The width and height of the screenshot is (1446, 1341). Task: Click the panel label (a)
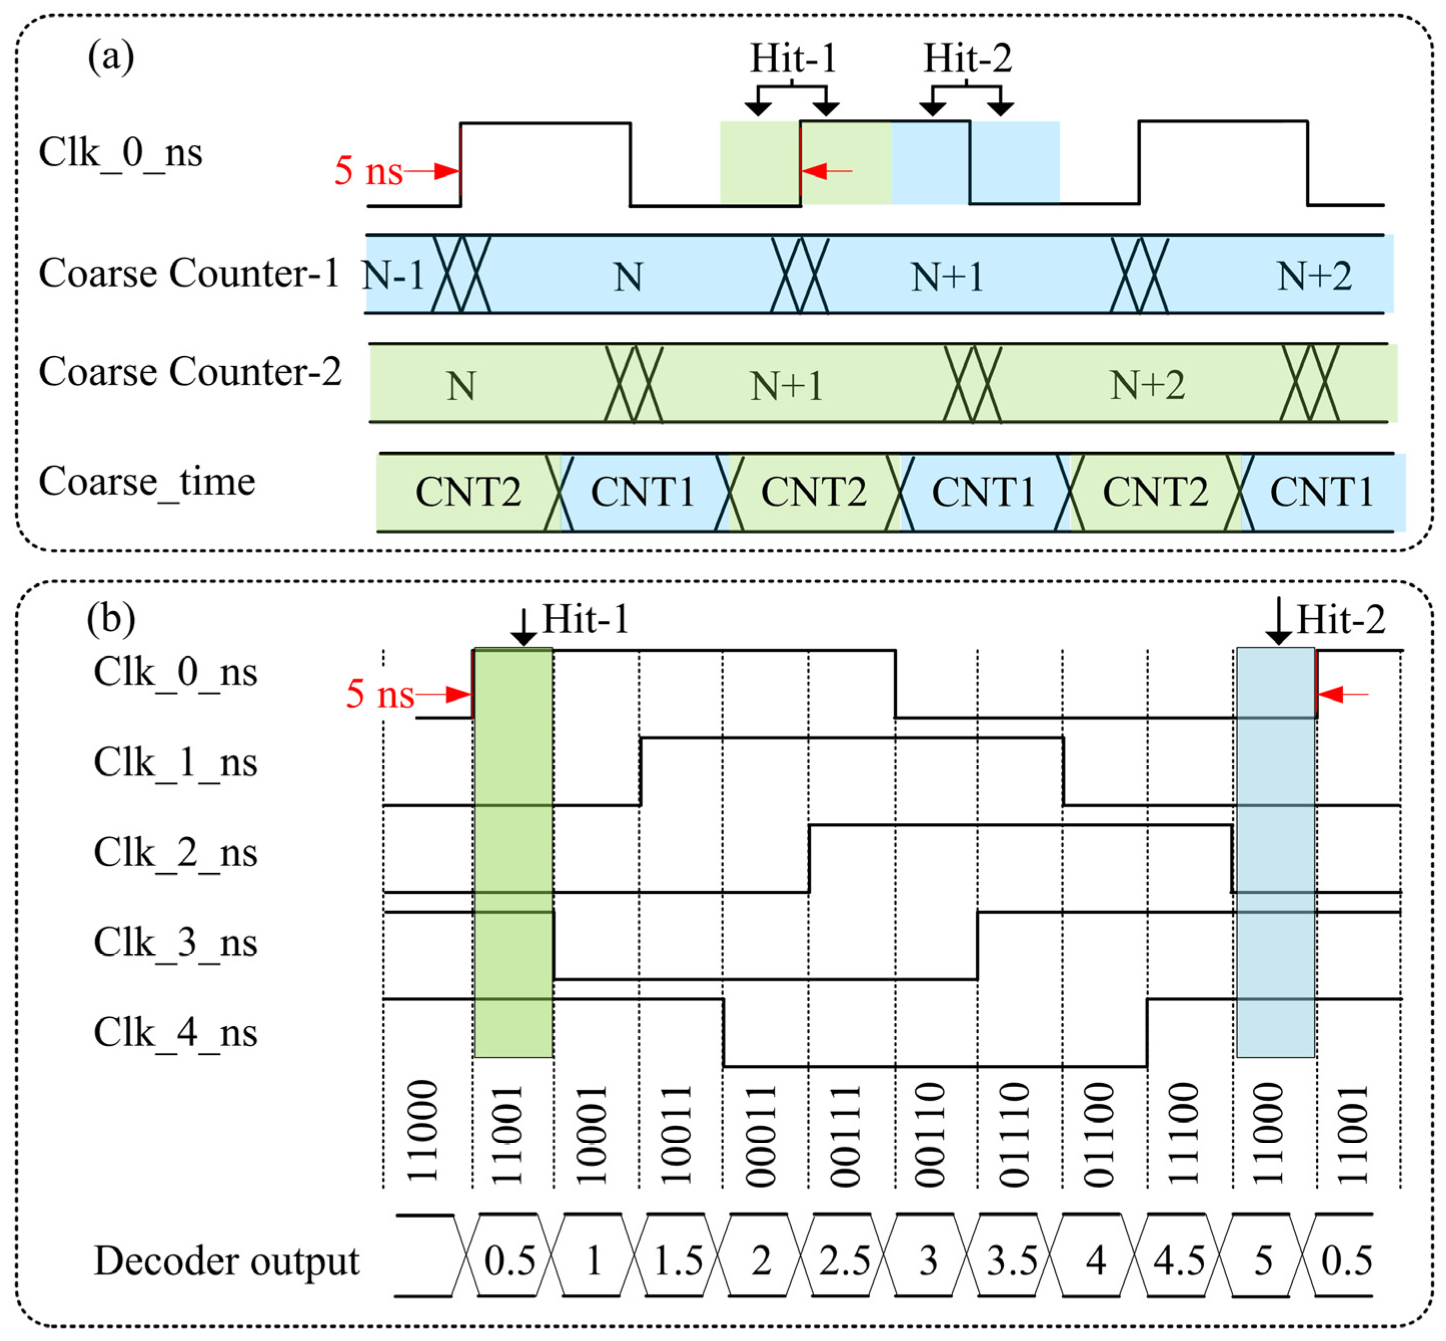110,56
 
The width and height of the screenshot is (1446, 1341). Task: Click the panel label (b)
110,619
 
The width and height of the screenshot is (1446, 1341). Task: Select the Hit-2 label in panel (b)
1340,619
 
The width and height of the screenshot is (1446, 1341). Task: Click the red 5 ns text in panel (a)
368,171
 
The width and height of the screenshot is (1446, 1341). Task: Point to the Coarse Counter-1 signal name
189,274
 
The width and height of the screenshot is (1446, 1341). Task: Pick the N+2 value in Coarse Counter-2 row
1147,385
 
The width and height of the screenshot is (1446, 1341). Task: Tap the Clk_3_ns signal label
175,943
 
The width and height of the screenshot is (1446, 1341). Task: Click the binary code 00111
845,1136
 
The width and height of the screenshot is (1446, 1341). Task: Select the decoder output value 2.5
844,1261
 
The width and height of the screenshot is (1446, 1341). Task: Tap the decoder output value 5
1263,1261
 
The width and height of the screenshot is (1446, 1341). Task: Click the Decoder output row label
226,1261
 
